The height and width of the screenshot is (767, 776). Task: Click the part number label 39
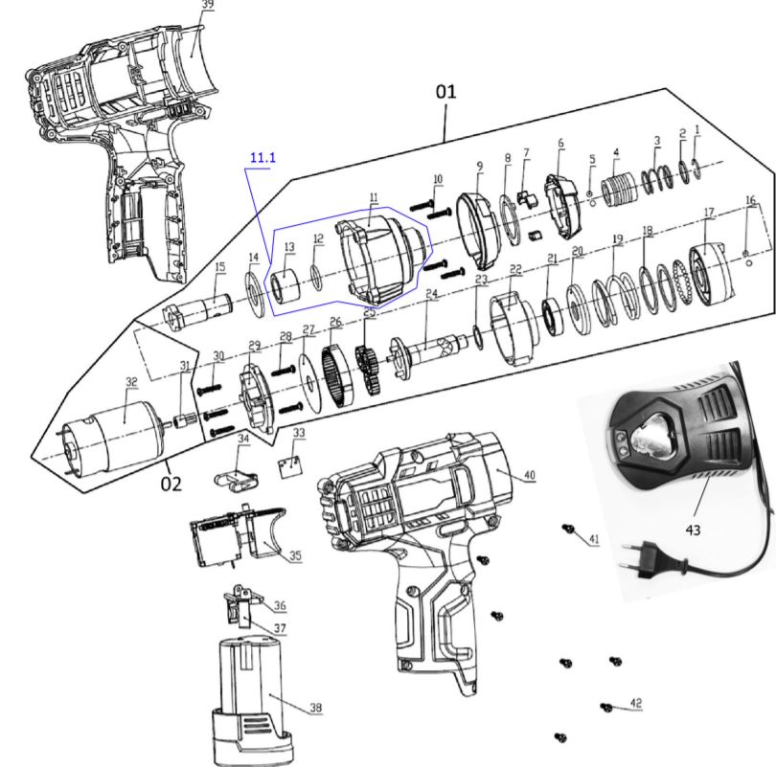click(x=208, y=5)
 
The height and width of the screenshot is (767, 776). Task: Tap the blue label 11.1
click(x=262, y=157)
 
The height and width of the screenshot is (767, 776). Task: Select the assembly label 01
click(x=446, y=92)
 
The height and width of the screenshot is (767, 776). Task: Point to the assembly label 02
click(x=171, y=484)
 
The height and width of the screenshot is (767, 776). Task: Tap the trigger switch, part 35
click(x=244, y=536)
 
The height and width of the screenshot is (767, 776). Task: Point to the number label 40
click(x=530, y=475)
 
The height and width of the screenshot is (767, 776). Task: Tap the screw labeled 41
click(x=568, y=528)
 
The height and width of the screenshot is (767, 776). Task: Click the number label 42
click(x=635, y=703)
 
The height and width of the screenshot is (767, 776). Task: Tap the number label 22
click(x=515, y=269)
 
